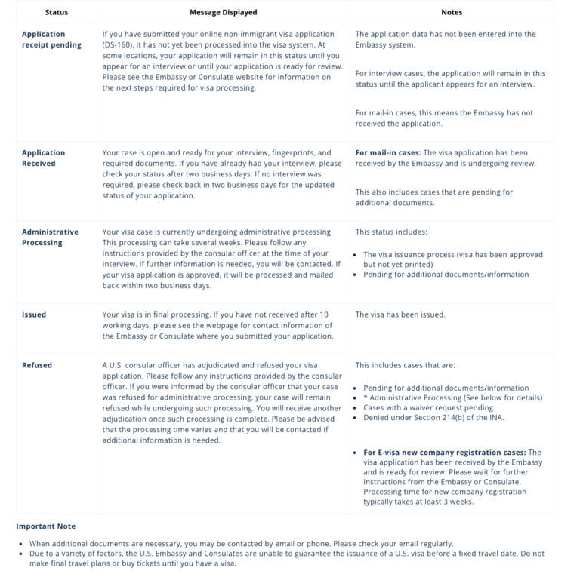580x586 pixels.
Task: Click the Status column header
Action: (57, 12)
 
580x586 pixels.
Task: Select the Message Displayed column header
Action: (223, 12)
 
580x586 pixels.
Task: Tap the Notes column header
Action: (452, 12)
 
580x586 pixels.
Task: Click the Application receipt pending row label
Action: (51, 39)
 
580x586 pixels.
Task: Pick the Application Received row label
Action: (44, 158)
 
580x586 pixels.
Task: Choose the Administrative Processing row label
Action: (50, 237)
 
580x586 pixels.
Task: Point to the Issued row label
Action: (34, 314)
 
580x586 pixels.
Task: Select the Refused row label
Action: (37, 365)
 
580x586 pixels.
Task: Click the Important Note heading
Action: (46, 526)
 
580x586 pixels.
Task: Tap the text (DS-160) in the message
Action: (119, 44)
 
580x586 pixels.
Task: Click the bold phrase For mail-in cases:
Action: (388, 152)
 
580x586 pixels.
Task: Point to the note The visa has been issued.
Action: (400, 314)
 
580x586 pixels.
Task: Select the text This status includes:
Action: (391, 232)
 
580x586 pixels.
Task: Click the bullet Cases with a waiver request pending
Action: (429, 407)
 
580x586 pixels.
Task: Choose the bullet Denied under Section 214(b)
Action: (433, 417)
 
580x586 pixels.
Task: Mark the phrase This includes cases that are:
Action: (406, 365)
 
